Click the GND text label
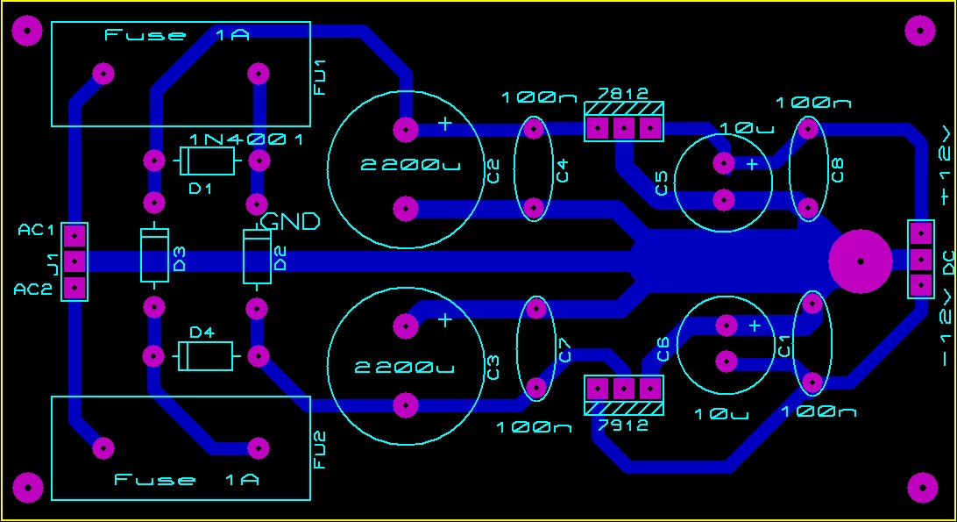pyautogui.click(x=291, y=222)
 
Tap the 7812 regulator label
pyautogui.click(x=623, y=94)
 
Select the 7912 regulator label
pyautogui.click(x=623, y=425)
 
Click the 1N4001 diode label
pyautogui.click(x=246, y=140)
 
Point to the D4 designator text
pyautogui.click(x=202, y=332)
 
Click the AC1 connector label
pyautogui.click(x=37, y=231)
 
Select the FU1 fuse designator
pyautogui.click(x=320, y=77)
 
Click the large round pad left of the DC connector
pyautogui.click(x=860, y=261)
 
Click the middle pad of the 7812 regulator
pyautogui.click(x=623, y=128)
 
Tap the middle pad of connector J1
pyautogui.click(x=74, y=261)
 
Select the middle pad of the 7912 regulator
pyautogui.click(x=623, y=387)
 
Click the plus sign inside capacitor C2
pyautogui.click(x=445, y=124)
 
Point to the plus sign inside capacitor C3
pyautogui.click(x=445, y=320)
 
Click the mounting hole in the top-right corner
pyautogui.click(x=920, y=32)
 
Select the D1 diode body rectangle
pyautogui.click(x=208, y=161)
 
